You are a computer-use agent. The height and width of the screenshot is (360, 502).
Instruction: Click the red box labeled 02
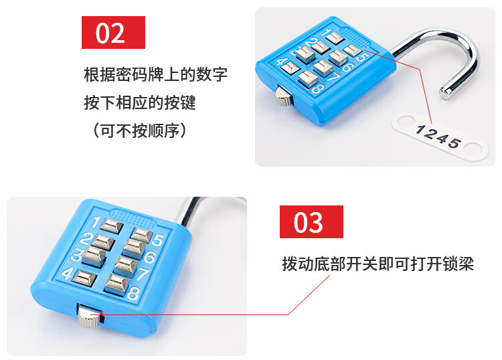[x=113, y=32]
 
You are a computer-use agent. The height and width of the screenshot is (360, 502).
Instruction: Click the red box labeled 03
[x=311, y=221]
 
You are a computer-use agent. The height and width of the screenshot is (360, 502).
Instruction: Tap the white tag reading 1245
[x=440, y=138]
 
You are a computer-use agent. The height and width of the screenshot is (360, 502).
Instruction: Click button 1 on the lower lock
[x=111, y=226]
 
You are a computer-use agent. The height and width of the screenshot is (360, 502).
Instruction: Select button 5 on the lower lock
[x=141, y=235]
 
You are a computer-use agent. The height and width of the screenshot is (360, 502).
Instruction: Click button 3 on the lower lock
[x=94, y=256]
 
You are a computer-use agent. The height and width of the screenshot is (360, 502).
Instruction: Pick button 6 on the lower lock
[x=135, y=249]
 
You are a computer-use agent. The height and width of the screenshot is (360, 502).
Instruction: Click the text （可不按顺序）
[x=139, y=130]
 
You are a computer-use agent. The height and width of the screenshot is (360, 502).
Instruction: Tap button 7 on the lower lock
[x=126, y=266]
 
